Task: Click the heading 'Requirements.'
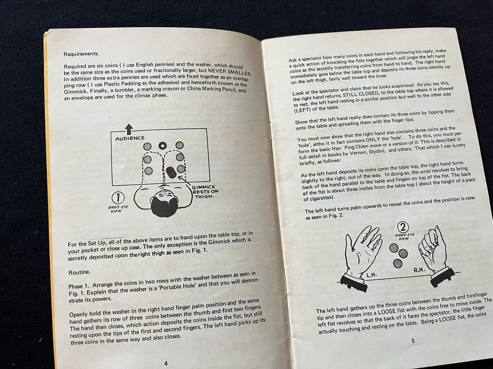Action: (x=81, y=54)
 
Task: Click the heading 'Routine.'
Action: (x=79, y=272)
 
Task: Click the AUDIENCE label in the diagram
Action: (x=130, y=138)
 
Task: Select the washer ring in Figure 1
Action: (x=162, y=146)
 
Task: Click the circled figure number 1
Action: (x=117, y=198)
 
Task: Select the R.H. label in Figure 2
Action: (x=419, y=270)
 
